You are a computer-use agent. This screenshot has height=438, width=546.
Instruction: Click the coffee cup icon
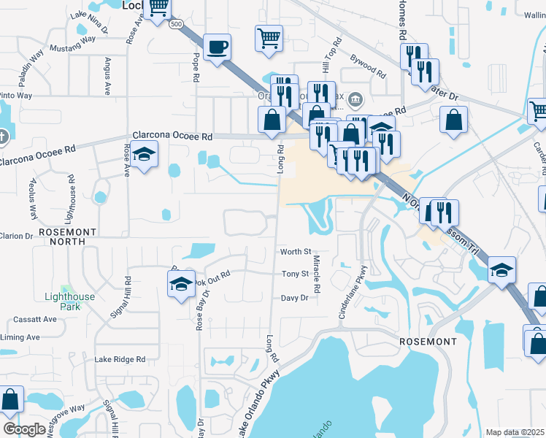click(218, 48)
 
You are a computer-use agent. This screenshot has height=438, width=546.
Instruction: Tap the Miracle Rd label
click(317, 274)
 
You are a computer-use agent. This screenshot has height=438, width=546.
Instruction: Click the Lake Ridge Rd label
click(120, 359)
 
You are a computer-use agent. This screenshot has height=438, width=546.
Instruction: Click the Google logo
click(24, 430)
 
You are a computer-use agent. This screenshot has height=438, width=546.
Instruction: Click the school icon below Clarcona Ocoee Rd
click(145, 154)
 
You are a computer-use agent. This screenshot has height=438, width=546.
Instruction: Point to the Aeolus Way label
click(33, 198)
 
